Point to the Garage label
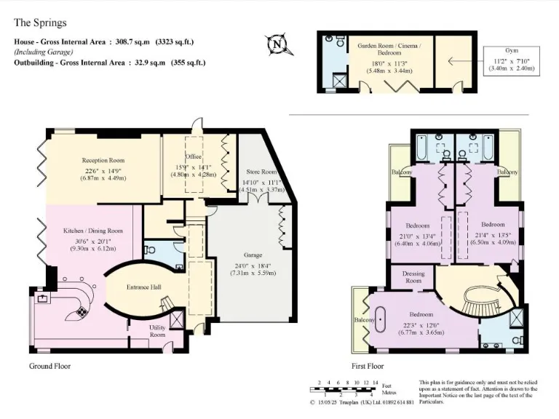253,256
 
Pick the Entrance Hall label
144,287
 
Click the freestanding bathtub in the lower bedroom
382,320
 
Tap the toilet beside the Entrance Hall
151,249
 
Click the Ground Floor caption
49,366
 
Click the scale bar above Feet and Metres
345,381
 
